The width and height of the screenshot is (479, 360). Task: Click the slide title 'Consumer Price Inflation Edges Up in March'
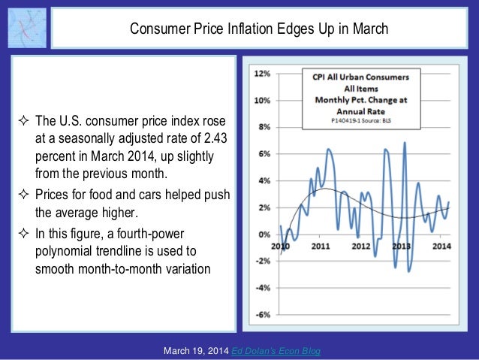click(259, 29)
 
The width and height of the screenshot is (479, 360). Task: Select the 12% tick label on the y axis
click(263, 74)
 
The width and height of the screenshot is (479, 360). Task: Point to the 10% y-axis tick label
click(263, 101)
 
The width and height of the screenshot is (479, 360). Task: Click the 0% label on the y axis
click(264, 234)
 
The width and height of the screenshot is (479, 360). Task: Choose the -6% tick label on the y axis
click(263, 315)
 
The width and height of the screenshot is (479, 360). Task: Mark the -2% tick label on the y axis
click(263, 262)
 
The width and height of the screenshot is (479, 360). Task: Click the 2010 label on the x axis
click(282, 246)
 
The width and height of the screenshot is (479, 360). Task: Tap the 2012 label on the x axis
click(361, 246)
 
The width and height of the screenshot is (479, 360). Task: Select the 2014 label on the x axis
click(441, 246)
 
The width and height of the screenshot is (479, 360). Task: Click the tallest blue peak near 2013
click(405, 143)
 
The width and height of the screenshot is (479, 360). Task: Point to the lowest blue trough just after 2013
click(409, 271)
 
